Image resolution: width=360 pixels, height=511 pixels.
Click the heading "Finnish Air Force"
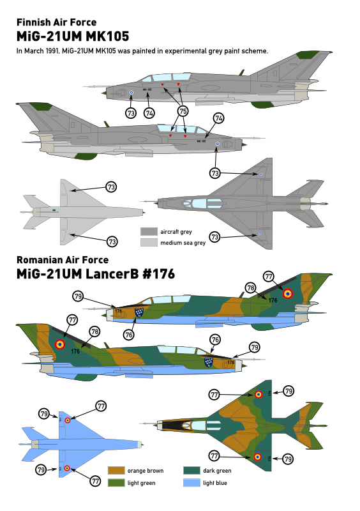pyautogui.click(x=56, y=22)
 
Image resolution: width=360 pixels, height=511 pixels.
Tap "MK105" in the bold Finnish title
pyautogui.click(x=107, y=36)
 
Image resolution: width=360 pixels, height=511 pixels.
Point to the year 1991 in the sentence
pyautogui.click(x=51, y=51)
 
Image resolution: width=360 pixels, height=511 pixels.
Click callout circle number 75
pyautogui.click(x=183, y=111)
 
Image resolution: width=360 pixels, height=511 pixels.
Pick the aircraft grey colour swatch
pyautogui.click(x=149, y=232)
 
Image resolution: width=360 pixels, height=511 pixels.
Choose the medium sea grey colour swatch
pyautogui.click(x=149, y=243)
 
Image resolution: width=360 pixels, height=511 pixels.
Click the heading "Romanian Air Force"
pyautogui.click(x=63, y=260)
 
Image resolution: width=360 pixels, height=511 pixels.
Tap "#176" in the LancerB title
pyautogui.click(x=159, y=274)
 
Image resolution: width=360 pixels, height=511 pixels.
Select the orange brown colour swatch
pyautogui.click(x=116, y=471)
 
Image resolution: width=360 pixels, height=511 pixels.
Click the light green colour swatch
pyautogui.click(x=116, y=483)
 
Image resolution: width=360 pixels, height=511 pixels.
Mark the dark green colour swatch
pyautogui.click(x=191, y=471)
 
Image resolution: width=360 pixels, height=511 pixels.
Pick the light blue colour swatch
pyautogui.click(x=191, y=483)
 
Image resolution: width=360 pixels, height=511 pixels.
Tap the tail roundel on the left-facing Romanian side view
pyautogui.click(x=287, y=294)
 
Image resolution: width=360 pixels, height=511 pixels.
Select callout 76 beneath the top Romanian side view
pyautogui.click(x=129, y=335)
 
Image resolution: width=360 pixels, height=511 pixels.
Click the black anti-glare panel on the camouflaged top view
pyautogui.click(x=174, y=425)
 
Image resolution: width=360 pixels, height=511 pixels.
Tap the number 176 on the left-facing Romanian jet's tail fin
pyautogui.click(x=273, y=300)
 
